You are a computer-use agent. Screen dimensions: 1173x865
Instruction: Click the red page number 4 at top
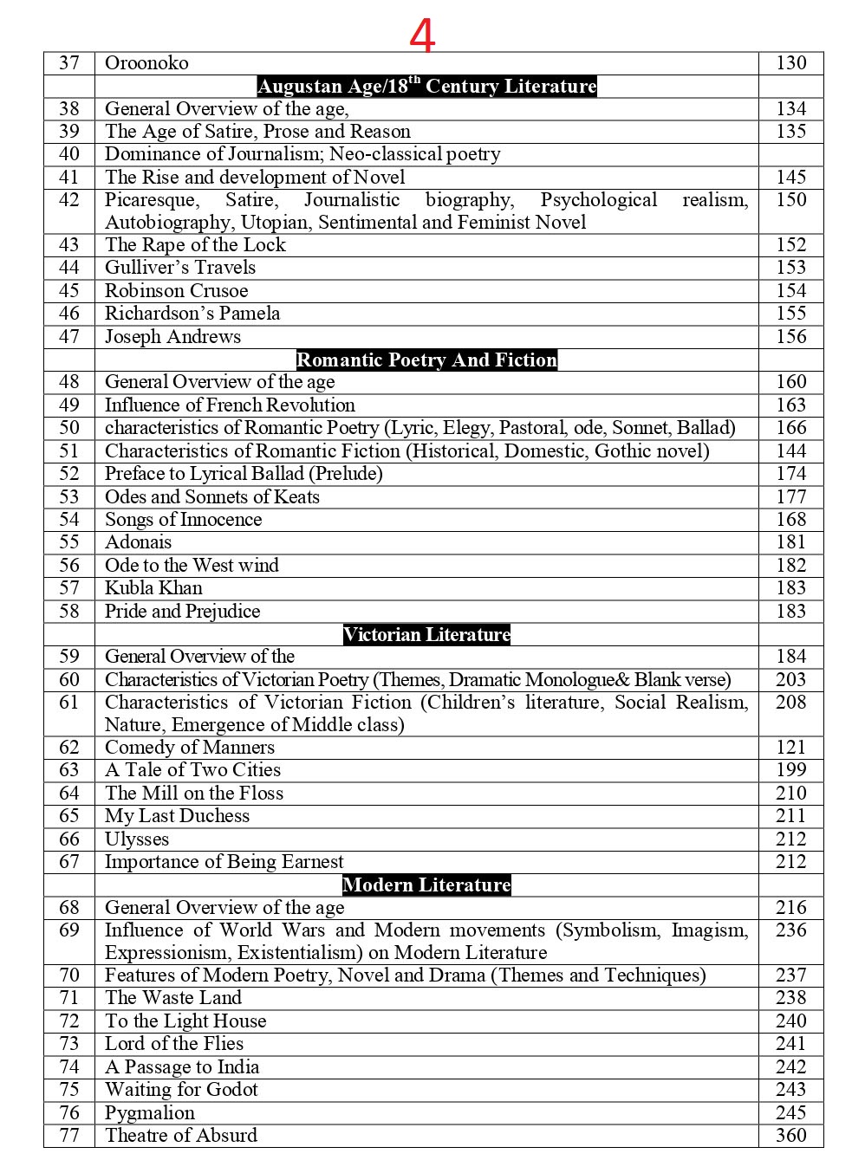click(422, 36)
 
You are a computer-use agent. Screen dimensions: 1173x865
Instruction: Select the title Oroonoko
click(146, 63)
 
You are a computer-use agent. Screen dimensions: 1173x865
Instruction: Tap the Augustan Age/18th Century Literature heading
click(426, 86)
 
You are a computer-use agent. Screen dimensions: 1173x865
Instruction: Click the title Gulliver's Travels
click(180, 268)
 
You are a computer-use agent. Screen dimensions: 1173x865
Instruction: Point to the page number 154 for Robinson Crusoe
click(790, 291)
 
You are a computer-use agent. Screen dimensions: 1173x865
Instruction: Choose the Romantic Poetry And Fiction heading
click(426, 360)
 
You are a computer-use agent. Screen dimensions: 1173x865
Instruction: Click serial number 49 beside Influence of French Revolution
click(69, 405)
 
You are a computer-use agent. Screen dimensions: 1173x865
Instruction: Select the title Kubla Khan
click(153, 588)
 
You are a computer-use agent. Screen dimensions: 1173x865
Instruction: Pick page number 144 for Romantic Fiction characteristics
click(790, 451)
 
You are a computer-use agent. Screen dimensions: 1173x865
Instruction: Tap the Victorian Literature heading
click(426, 634)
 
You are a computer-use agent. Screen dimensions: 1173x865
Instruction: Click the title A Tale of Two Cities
click(192, 770)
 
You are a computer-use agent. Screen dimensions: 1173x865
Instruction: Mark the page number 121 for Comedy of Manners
click(790, 748)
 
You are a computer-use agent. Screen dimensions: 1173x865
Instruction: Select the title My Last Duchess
click(177, 816)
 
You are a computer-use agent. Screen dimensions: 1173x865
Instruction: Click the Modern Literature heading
click(426, 885)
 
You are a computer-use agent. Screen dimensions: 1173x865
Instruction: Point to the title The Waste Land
click(173, 998)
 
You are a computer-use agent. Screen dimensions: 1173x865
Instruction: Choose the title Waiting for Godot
click(181, 1090)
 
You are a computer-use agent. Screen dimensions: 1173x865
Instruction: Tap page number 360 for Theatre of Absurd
click(790, 1136)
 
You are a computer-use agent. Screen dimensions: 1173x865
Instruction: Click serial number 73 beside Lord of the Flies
click(69, 1044)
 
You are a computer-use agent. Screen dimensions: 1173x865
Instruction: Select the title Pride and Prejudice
click(182, 612)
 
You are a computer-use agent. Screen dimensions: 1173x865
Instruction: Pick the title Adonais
click(138, 542)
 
